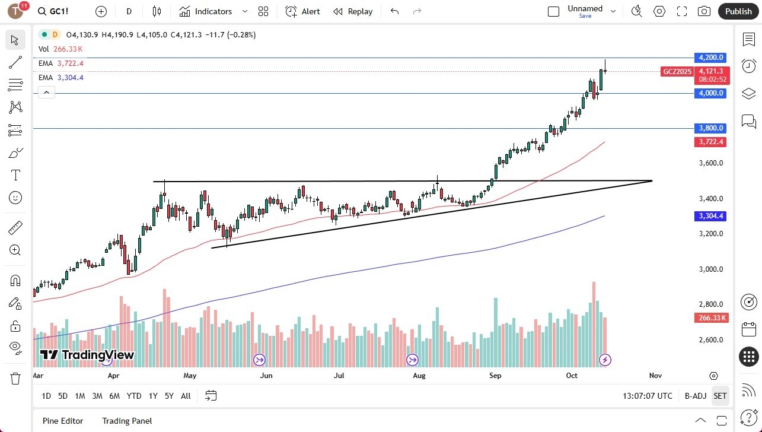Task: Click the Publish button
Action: click(738, 11)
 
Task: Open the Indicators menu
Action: click(206, 11)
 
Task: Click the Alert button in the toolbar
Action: click(302, 11)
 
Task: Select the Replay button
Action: click(353, 11)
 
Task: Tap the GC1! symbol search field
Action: click(59, 11)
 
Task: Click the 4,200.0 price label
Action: click(710, 58)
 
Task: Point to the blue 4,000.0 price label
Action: click(710, 93)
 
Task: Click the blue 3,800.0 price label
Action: click(710, 128)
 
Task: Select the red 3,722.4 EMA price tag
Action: click(710, 142)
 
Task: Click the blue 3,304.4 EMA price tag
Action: click(710, 216)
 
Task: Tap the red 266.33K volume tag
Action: click(710, 318)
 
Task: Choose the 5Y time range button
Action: click(169, 396)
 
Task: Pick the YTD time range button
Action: click(134, 396)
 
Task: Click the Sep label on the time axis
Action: click(495, 376)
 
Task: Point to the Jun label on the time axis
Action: click(266, 376)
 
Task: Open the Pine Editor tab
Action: click(62, 421)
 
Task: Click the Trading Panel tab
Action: click(127, 421)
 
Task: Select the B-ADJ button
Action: click(695, 396)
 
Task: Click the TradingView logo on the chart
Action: click(87, 355)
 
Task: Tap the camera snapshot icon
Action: click(704, 11)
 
